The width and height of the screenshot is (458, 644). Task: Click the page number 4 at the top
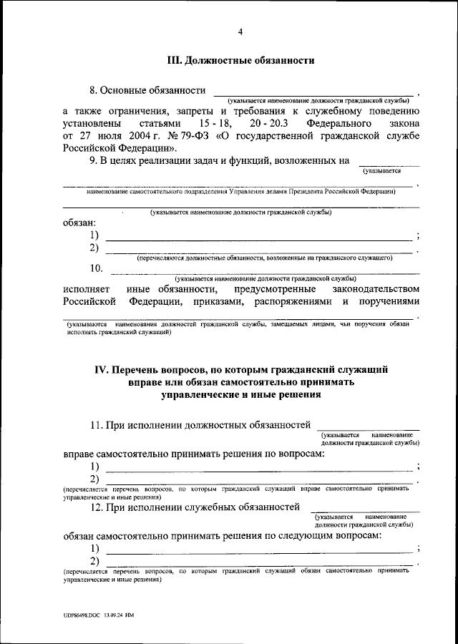pyautogui.click(x=240, y=31)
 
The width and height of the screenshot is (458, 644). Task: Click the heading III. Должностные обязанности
pyautogui.click(x=240, y=62)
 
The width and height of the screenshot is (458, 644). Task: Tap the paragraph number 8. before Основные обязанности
pyautogui.click(x=93, y=91)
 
